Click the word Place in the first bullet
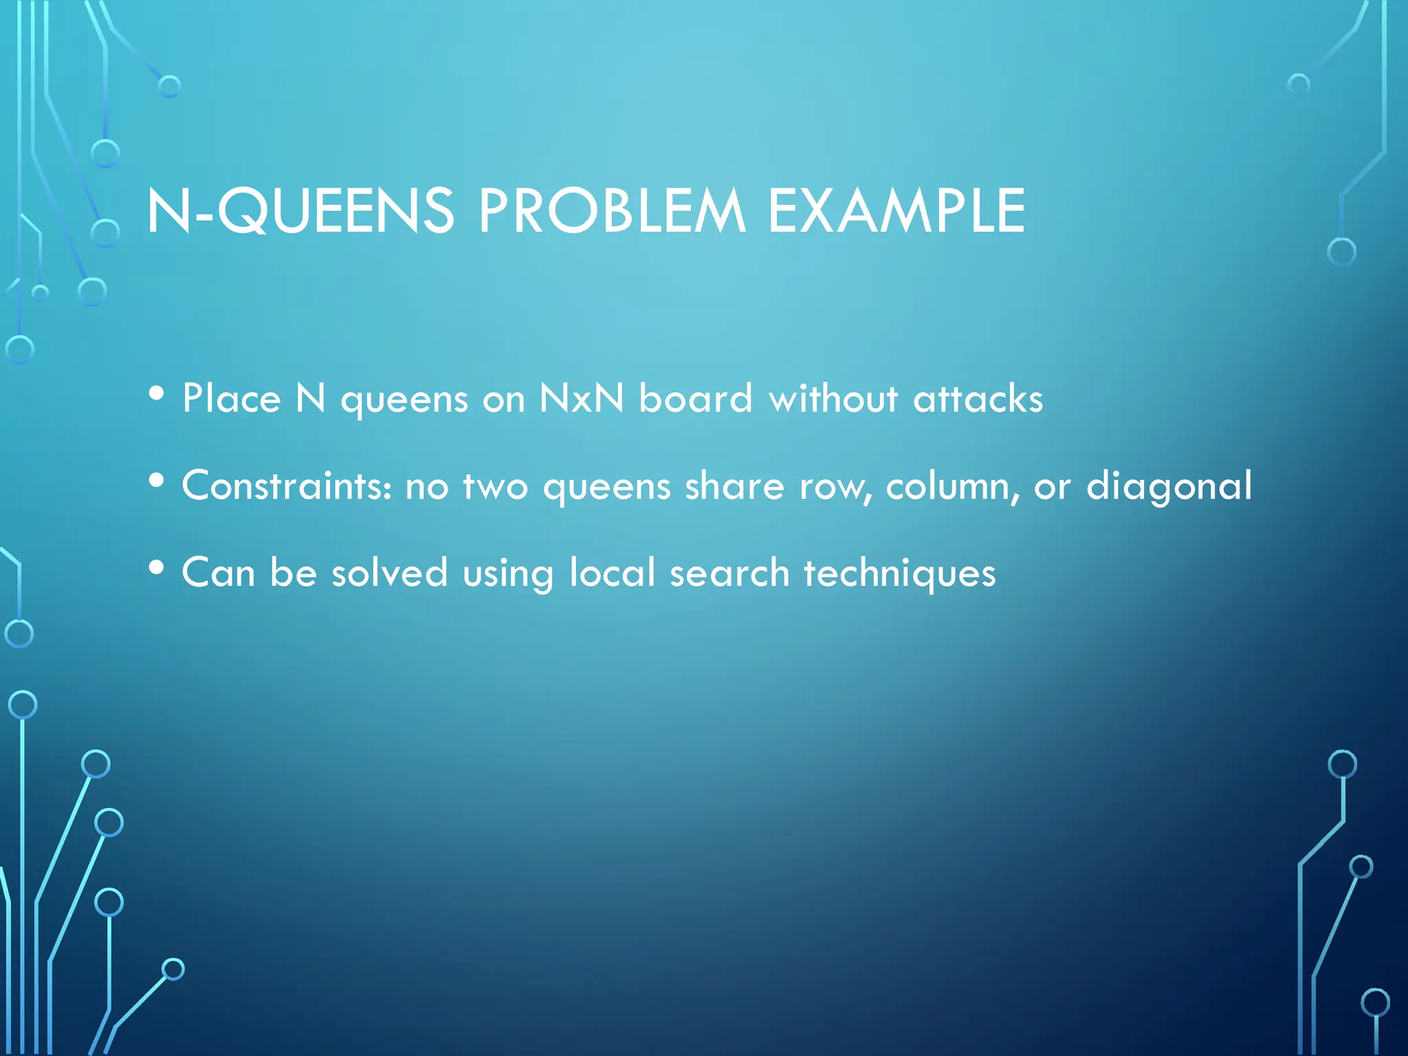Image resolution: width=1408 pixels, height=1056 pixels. pos(232,398)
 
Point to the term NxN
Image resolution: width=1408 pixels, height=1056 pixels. pos(582,398)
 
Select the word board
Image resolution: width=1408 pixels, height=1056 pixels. pos(696,398)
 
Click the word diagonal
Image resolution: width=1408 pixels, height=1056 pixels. pos(1169,487)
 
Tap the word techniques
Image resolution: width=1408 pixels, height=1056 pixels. pos(899,573)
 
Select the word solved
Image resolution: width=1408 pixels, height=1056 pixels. pos(390,573)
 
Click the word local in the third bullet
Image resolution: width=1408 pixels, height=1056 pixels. pos(613,573)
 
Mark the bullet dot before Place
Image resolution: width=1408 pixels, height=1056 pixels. pos(157,394)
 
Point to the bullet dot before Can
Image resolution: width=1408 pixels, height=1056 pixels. pos(157,568)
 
